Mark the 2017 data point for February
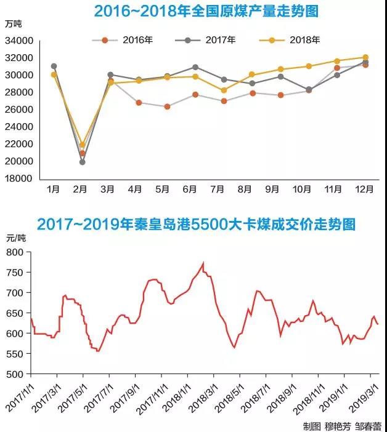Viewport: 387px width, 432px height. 82,162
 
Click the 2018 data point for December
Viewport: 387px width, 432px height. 365,57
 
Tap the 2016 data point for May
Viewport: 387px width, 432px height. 167,106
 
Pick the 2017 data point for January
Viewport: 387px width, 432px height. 54,66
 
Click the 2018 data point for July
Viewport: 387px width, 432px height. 224,90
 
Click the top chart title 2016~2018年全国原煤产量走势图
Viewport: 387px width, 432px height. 202,11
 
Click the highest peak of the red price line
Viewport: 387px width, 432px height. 203,263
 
